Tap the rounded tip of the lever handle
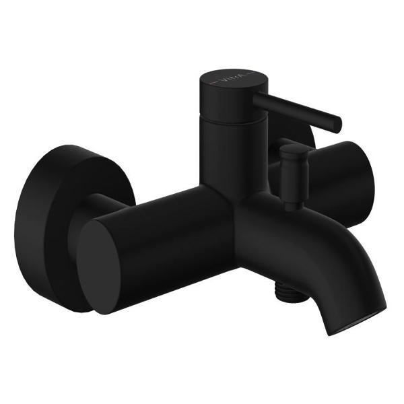(x=337, y=125)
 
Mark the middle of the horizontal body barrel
(x=168, y=229)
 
